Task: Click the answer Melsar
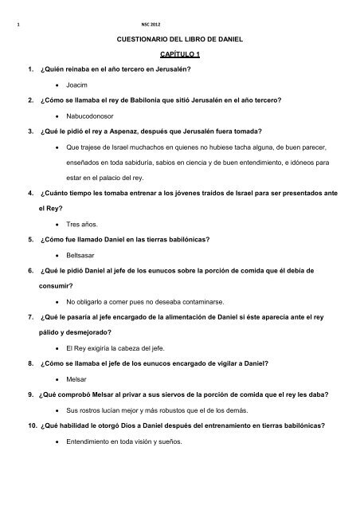[78, 378]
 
